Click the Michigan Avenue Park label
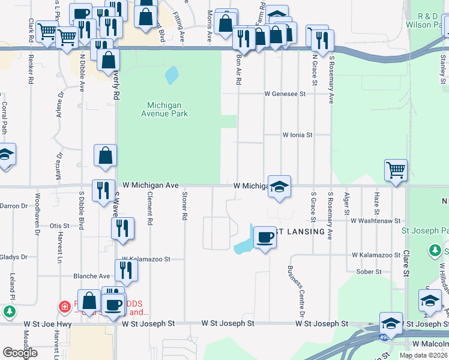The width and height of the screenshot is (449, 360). coord(164,109)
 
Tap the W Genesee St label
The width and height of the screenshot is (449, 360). coord(286,94)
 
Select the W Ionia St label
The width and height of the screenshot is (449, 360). coord(298,136)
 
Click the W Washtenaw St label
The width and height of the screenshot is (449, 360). coord(375,221)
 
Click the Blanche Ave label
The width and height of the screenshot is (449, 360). coord(91,276)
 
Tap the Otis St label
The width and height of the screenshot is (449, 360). coord(59,226)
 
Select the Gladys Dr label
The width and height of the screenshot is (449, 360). coord(12,255)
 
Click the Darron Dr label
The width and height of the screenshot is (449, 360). coord(14,206)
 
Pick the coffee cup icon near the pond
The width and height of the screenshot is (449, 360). coord(265,238)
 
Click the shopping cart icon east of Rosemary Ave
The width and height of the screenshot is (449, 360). coord(396,170)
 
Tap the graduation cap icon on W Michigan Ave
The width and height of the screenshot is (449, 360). coord(279,187)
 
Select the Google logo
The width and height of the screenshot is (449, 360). coord(20,352)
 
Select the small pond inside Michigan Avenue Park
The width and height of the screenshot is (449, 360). coord(172,74)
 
